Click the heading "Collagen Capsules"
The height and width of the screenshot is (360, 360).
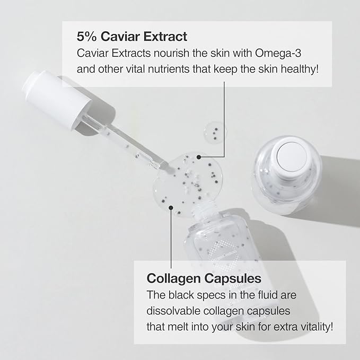click(x=204, y=278)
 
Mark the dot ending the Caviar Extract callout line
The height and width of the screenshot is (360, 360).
click(x=199, y=157)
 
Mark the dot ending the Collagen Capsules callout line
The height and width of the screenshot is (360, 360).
click(x=170, y=208)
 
